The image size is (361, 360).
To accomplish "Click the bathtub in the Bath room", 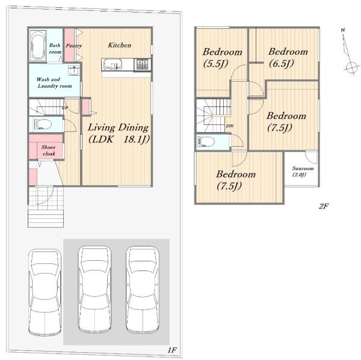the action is [x=39, y=45].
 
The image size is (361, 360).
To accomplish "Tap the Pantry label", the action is [x=73, y=46].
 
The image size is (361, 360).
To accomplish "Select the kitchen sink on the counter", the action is [x=113, y=64].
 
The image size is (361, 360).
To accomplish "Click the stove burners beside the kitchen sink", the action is [x=142, y=64].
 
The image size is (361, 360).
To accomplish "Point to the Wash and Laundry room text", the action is [x=54, y=82].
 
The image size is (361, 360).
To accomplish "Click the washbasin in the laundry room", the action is [x=74, y=70].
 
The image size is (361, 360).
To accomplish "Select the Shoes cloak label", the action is [x=49, y=150].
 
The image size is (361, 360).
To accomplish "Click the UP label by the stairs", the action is [x=65, y=108].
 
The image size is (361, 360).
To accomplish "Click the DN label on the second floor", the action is [x=230, y=126].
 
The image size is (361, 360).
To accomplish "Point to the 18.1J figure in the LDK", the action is [x=137, y=139].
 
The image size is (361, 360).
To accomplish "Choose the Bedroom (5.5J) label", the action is [x=222, y=58].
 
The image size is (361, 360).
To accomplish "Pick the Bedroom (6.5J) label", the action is [x=288, y=58].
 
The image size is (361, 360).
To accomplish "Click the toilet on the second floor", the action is [x=206, y=142].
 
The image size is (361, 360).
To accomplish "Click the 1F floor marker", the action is [x=171, y=350].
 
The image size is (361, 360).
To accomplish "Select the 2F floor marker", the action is [x=324, y=206].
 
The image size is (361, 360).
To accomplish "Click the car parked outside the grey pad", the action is [x=45, y=292].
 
